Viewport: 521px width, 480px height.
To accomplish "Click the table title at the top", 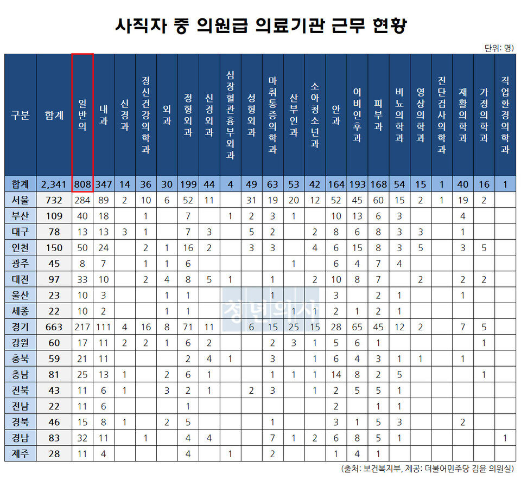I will click(260, 25).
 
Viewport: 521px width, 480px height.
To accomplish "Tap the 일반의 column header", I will click(82, 115).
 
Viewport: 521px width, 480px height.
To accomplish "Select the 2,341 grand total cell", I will click(54, 184).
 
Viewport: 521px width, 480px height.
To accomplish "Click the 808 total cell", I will click(82, 184).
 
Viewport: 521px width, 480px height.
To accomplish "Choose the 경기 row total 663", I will click(54, 327).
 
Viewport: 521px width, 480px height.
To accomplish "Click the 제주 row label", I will click(21, 453).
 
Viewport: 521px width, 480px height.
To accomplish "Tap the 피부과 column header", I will click(379, 115).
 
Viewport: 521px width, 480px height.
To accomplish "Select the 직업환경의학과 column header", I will click(505, 115).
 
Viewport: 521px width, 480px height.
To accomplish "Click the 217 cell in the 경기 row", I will click(82, 327).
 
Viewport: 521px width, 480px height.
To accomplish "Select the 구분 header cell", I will click(21, 115).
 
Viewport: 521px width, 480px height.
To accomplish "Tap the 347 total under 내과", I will click(104, 184).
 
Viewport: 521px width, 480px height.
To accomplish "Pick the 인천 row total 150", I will click(54, 248).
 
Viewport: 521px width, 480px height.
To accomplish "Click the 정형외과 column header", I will click(188, 115).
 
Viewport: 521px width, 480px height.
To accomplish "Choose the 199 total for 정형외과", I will click(188, 184).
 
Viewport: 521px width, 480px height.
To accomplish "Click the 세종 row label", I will click(21, 311).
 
